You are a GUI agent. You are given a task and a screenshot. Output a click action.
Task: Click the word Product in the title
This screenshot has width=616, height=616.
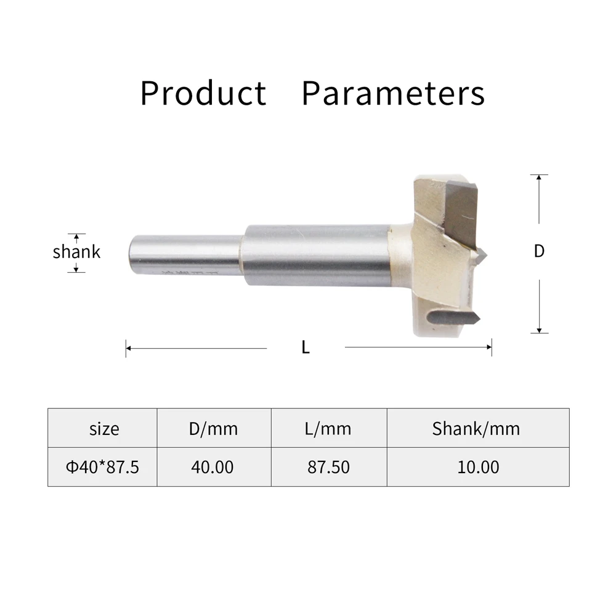coord(203,94)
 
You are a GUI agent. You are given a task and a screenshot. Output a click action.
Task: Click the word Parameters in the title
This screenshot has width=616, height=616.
coord(393,94)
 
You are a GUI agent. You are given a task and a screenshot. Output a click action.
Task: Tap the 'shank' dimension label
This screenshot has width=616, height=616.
coord(76,252)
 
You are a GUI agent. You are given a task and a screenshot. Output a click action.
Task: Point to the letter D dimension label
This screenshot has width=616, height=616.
coord(539,251)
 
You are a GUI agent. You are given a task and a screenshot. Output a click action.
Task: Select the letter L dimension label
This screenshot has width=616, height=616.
coord(306,348)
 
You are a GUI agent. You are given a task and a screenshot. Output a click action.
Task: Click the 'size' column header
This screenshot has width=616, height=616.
coord(103,428)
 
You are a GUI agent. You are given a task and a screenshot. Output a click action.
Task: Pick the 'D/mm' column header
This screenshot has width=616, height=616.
coord(213,428)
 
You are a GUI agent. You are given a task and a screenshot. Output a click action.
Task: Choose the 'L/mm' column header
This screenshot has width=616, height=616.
coord(328,428)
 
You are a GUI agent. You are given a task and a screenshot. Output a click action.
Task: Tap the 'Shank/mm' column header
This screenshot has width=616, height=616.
coord(476,428)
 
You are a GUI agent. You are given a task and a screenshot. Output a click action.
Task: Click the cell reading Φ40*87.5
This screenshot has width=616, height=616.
coord(103,467)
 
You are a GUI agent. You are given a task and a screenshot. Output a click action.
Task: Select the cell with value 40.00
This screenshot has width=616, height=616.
coord(213,467)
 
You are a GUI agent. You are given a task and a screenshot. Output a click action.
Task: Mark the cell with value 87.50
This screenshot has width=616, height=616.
coord(328,467)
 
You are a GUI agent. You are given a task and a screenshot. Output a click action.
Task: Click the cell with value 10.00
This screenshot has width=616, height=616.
coord(478,467)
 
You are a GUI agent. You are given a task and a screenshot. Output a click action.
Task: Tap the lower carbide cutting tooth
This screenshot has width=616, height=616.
coord(455,318)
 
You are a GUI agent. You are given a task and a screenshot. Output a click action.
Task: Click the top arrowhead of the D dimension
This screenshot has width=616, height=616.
coord(539,177)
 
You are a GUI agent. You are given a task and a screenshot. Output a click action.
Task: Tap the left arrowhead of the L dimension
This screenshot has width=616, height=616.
coord(128,349)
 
